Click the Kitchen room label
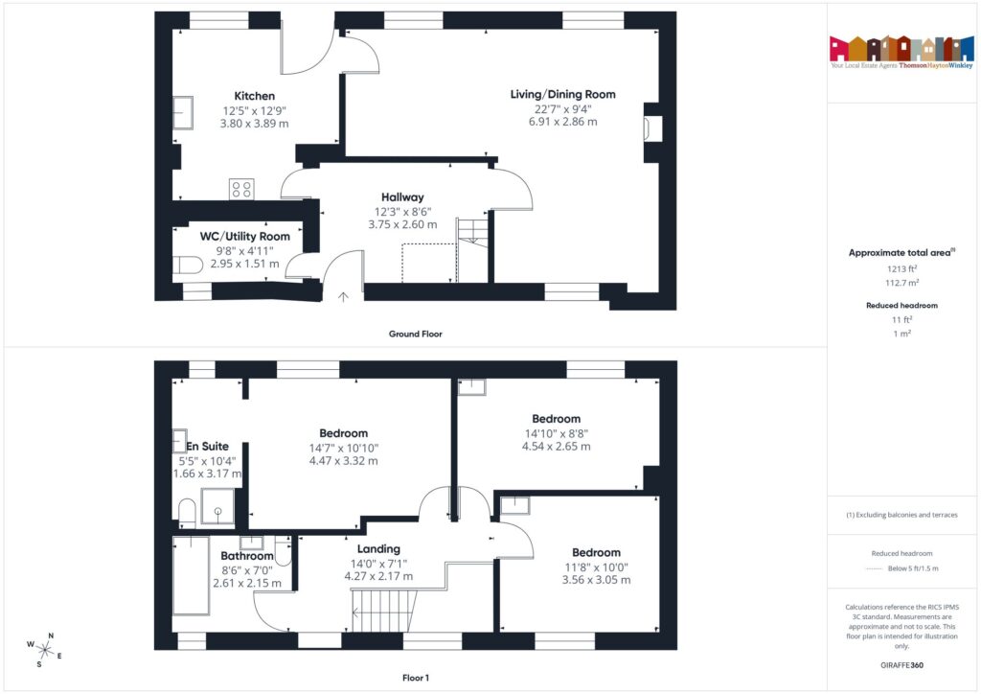[x=254, y=96]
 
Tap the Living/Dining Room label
[x=562, y=94]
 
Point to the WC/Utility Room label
[x=244, y=236]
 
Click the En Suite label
[x=207, y=446]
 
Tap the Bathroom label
[x=247, y=555]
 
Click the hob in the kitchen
[x=240, y=189]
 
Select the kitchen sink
[x=183, y=113]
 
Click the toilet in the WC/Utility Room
[x=188, y=265]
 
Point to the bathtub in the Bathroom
[x=190, y=575]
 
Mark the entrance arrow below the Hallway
[x=343, y=297]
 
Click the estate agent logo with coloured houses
[x=901, y=50]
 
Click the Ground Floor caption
[x=415, y=335]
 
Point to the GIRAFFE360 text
[x=901, y=664]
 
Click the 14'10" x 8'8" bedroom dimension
[x=556, y=433]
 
